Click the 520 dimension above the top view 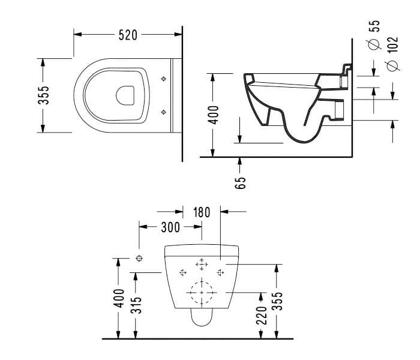pyautogui.click(x=128, y=35)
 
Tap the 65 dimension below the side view pyautogui.click(x=241, y=182)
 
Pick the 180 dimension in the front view pyautogui.click(x=202, y=212)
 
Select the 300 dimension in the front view pyautogui.click(x=170, y=227)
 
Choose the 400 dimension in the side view pyautogui.click(x=214, y=113)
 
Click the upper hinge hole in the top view pyautogui.click(x=164, y=79)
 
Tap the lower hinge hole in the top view pyautogui.click(x=164, y=111)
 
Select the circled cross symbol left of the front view pyautogui.click(x=139, y=258)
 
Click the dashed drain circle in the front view pyautogui.click(x=202, y=292)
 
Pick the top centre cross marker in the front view pyautogui.click(x=202, y=263)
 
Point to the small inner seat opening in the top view pyautogui.click(x=125, y=95)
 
